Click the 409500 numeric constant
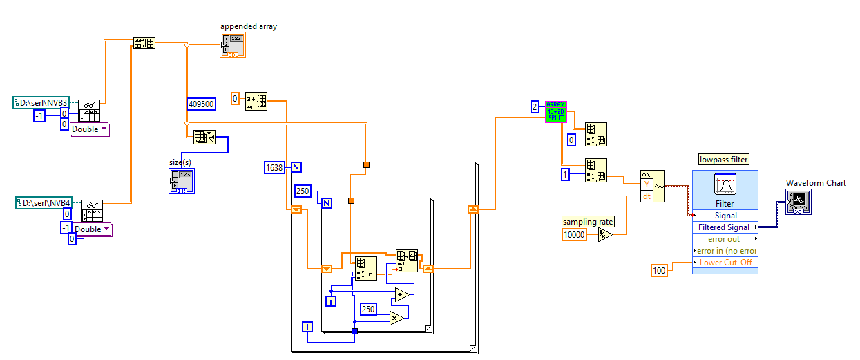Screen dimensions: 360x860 click(200, 104)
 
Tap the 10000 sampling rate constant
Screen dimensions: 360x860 click(575, 234)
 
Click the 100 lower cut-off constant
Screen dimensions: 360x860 click(660, 270)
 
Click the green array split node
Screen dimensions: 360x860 click(555, 111)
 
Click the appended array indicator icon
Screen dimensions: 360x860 click(233, 45)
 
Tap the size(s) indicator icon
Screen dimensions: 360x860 click(180, 180)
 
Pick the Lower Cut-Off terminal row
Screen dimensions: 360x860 click(725, 263)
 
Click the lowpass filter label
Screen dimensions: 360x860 click(724, 160)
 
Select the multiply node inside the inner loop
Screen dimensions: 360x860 click(396, 317)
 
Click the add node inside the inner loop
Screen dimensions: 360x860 click(401, 295)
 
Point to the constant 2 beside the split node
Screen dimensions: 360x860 click(535, 106)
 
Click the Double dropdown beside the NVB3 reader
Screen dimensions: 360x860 click(90, 129)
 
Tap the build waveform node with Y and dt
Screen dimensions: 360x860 click(652, 186)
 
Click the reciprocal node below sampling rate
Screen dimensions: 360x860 click(604, 235)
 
